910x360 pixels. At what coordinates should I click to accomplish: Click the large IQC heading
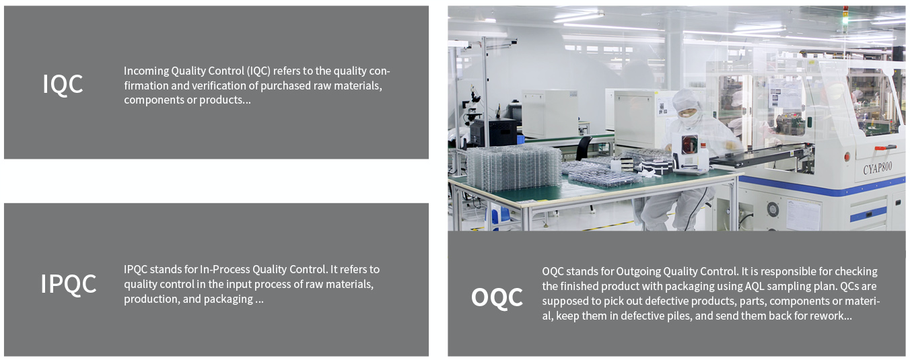click(63, 84)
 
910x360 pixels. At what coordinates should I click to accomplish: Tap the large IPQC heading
click(68, 283)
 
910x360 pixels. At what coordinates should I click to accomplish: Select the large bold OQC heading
click(497, 297)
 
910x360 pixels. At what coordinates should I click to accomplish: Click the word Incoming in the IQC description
click(146, 71)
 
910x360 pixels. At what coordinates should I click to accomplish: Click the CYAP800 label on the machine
click(878, 168)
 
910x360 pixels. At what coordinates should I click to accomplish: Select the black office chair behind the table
click(585, 148)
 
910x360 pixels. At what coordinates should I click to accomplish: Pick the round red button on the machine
click(847, 156)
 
